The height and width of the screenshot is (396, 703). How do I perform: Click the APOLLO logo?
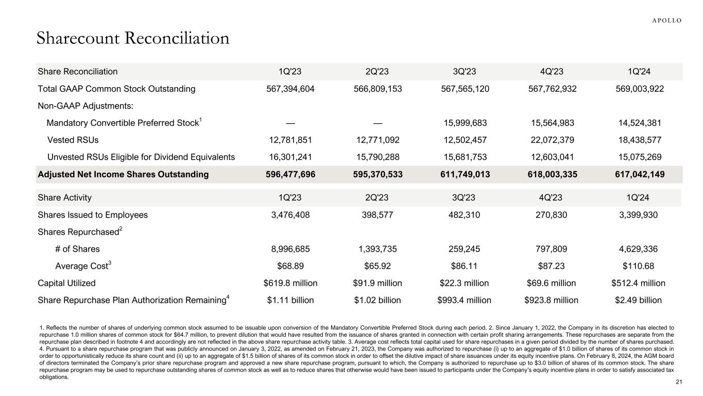(667, 20)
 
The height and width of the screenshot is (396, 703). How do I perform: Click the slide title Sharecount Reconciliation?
(133, 39)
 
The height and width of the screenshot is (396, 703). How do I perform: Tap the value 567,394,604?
(290, 89)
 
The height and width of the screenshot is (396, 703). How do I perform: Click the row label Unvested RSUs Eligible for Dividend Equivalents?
(141, 157)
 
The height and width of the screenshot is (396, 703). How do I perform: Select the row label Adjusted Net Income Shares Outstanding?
(124, 174)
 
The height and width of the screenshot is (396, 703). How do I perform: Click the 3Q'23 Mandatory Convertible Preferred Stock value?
(465, 123)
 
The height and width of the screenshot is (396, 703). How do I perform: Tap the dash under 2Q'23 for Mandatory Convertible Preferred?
(378, 123)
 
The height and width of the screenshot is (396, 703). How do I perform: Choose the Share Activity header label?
(64, 198)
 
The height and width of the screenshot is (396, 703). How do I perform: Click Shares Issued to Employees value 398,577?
(378, 215)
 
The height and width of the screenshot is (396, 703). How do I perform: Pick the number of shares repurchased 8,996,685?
(290, 249)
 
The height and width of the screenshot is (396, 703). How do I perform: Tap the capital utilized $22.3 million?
(465, 283)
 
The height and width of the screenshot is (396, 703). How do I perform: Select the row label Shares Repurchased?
(78, 232)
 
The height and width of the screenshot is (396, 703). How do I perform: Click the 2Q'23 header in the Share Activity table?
(378, 198)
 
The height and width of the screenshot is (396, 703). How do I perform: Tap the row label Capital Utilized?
(66, 283)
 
